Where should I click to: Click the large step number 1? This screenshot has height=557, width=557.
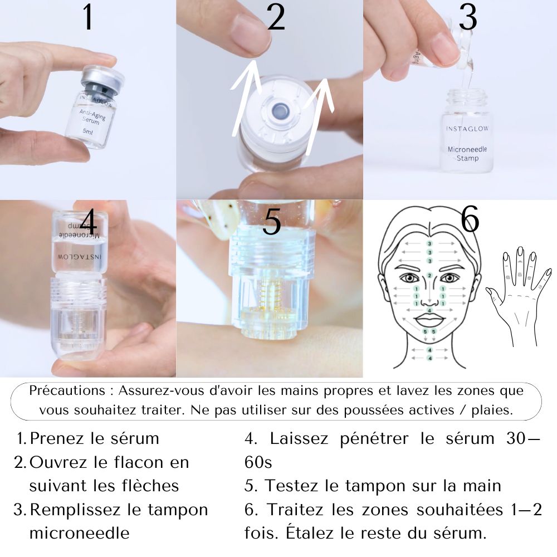88,18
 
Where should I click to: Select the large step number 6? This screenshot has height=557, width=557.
470,220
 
